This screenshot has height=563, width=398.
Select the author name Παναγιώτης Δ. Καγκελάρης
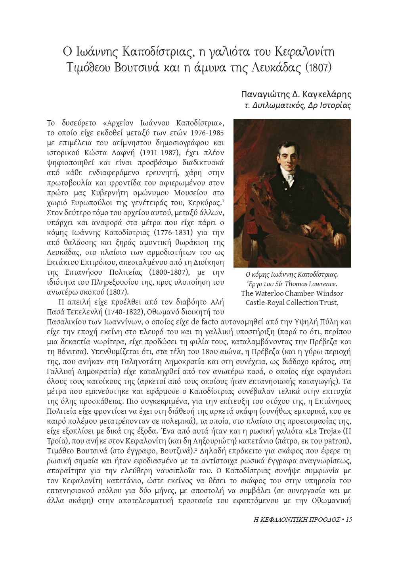[x=296, y=95]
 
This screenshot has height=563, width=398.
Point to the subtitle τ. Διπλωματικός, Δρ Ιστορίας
[x=298, y=105]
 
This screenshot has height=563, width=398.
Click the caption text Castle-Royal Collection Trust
[x=292, y=303]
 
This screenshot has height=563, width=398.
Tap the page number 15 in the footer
[x=348, y=520]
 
